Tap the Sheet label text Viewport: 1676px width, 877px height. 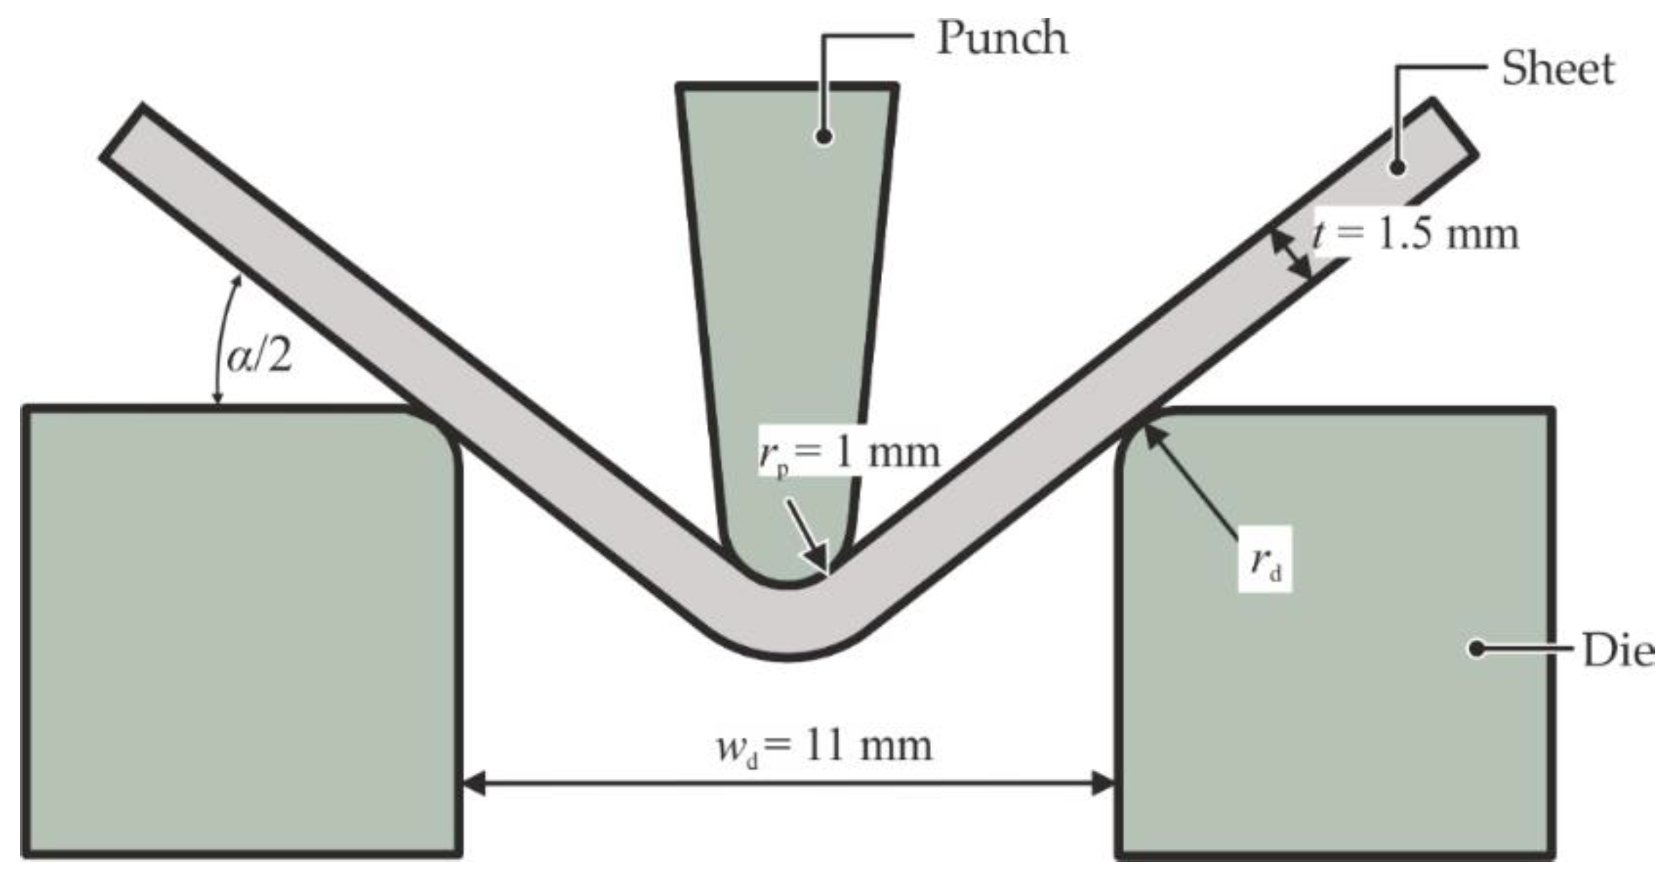(1558, 70)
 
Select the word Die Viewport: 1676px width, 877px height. (1618, 652)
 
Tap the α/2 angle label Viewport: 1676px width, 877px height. (259, 357)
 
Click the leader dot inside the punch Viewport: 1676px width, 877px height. (824, 136)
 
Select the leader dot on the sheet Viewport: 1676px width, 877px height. (1397, 167)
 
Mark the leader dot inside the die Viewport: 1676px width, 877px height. (1476, 649)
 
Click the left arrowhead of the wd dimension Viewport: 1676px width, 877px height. (474, 783)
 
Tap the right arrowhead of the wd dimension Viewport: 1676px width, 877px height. (1103, 783)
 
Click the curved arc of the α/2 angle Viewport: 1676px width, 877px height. (220, 337)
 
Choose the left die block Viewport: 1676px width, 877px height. (240, 632)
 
